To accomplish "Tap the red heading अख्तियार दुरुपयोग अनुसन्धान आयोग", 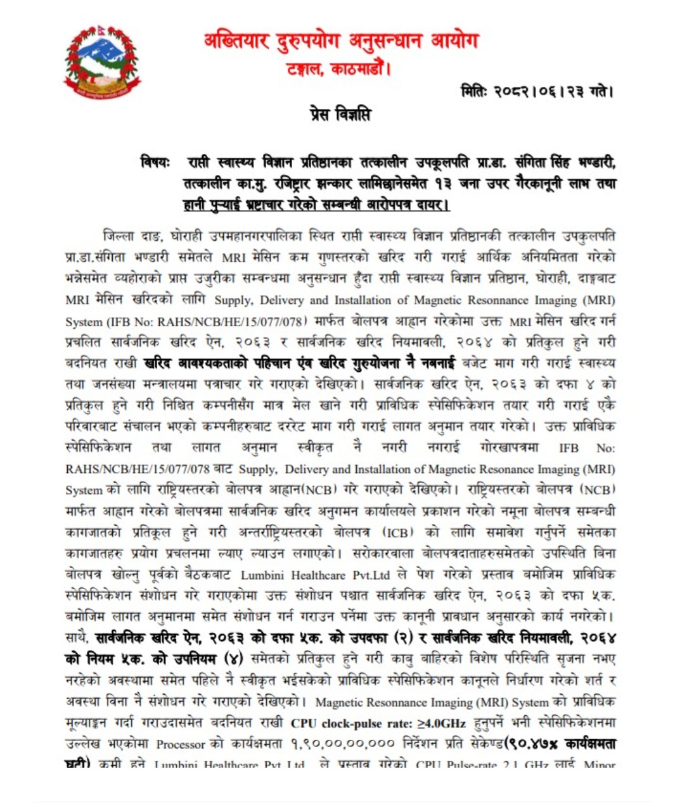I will (x=342, y=42).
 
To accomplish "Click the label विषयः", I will (x=155, y=163).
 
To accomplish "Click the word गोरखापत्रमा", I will (x=510, y=448).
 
